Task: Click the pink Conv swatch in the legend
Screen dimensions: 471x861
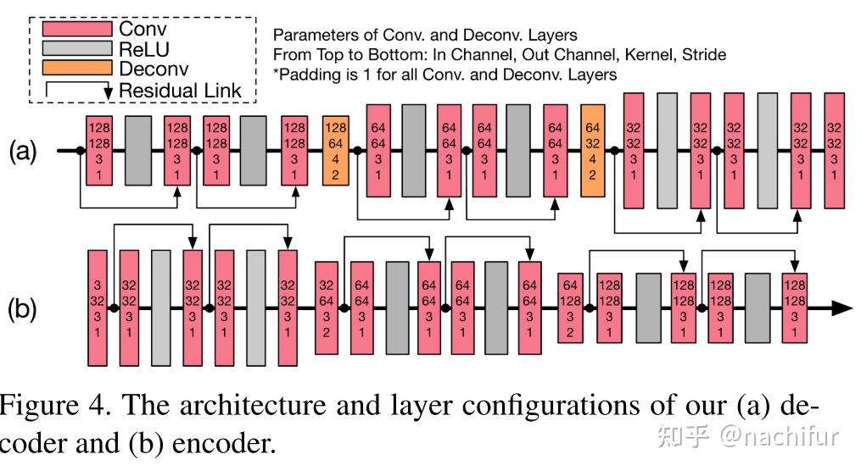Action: pyautogui.click(x=77, y=29)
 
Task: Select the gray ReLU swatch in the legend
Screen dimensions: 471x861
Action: pyautogui.click(x=77, y=49)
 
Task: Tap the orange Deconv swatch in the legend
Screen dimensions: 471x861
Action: pyautogui.click(x=77, y=69)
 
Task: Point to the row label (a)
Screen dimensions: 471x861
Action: pyautogui.click(x=23, y=152)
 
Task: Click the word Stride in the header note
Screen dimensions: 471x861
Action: pyautogui.click(x=702, y=55)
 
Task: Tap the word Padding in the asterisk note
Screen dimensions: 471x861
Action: pyautogui.click(x=308, y=75)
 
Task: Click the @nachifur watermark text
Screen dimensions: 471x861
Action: pyautogui.click(x=780, y=437)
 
